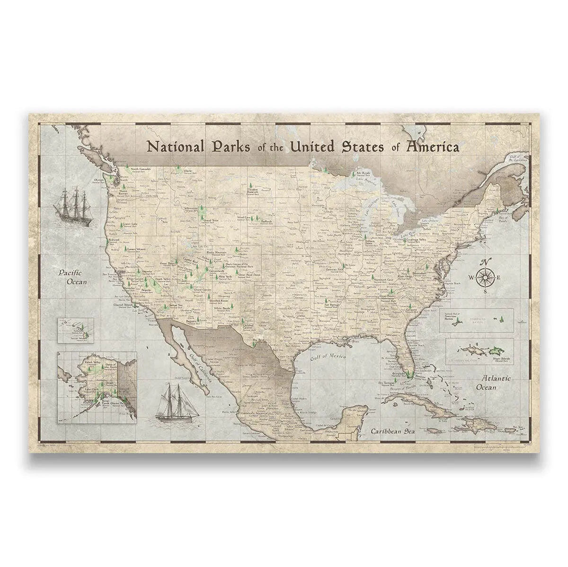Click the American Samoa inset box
(476, 320)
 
